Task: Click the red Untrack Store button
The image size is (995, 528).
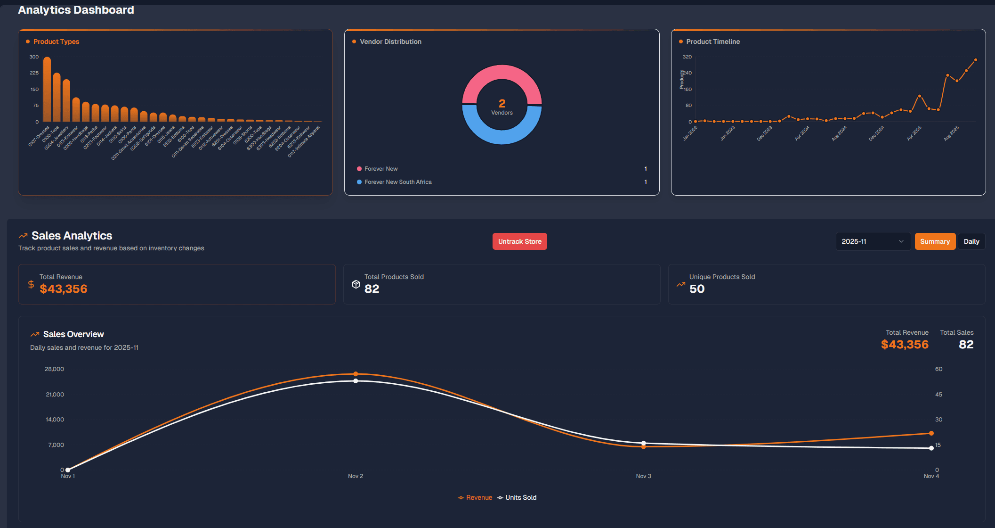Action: pos(519,241)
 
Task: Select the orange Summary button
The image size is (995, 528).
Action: pos(935,241)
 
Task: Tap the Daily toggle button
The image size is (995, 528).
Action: pos(971,241)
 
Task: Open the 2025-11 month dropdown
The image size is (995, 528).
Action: pos(873,241)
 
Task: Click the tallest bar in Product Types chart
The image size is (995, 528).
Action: pos(47,90)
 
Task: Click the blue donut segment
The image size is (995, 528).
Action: pos(502,134)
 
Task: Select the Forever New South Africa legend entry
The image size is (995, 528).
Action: pos(397,182)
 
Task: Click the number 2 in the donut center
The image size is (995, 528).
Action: pos(502,103)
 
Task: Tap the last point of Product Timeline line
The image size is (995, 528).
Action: pos(975,60)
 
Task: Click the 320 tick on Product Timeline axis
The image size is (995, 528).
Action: pos(687,57)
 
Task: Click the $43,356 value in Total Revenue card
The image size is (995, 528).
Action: pos(64,289)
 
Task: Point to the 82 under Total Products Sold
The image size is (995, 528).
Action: pos(372,289)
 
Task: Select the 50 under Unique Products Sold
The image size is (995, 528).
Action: pos(697,289)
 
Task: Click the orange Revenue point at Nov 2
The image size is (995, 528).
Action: pos(356,374)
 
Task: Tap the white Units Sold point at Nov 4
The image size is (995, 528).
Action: pos(931,448)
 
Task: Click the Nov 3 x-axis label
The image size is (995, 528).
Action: pos(643,476)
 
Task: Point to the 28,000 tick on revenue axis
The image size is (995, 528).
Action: pos(54,369)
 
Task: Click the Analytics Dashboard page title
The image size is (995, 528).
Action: pos(76,10)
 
